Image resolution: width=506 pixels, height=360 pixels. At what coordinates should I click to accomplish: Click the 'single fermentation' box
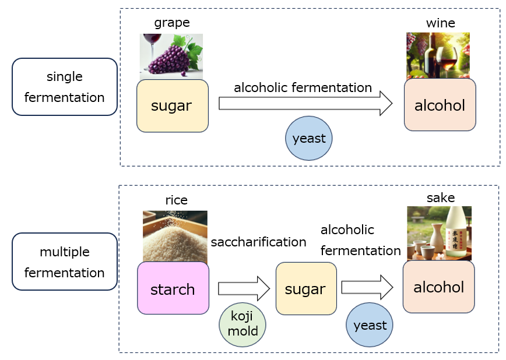coord(65,87)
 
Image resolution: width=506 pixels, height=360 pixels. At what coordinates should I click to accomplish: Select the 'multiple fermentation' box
coord(65,262)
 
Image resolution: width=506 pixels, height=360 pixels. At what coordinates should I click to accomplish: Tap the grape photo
coord(171,56)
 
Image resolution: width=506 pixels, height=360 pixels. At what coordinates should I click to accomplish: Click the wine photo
coord(438,55)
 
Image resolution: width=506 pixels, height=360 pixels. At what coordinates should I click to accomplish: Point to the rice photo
coord(175,236)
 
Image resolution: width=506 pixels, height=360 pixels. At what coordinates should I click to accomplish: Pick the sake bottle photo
coord(439,233)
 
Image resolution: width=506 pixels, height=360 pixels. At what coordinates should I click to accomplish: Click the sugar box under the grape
coord(172,106)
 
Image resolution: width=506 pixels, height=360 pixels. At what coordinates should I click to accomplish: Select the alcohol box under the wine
coord(440,105)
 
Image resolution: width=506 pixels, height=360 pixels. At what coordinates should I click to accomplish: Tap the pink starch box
coord(173,288)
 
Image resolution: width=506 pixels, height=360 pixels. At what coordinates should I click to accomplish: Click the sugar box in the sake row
coord(306,289)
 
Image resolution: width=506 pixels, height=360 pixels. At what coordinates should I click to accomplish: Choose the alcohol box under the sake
coord(438,287)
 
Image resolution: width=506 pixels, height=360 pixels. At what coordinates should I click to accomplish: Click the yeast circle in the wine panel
coord(308,139)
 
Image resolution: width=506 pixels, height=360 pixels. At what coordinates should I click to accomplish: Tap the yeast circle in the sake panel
coord(369,325)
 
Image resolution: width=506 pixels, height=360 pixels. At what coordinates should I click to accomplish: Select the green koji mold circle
coord(242,324)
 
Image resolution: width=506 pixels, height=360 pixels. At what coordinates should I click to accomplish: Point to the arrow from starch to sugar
coord(243,288)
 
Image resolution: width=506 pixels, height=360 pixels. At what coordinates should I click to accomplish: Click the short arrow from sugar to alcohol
coord(367,287)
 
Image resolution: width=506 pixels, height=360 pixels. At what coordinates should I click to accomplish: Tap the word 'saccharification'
coord(258,242)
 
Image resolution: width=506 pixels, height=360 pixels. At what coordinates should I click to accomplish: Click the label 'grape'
coord(171,23)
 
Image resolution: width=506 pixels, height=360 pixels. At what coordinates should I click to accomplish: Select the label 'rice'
coord(176,200)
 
